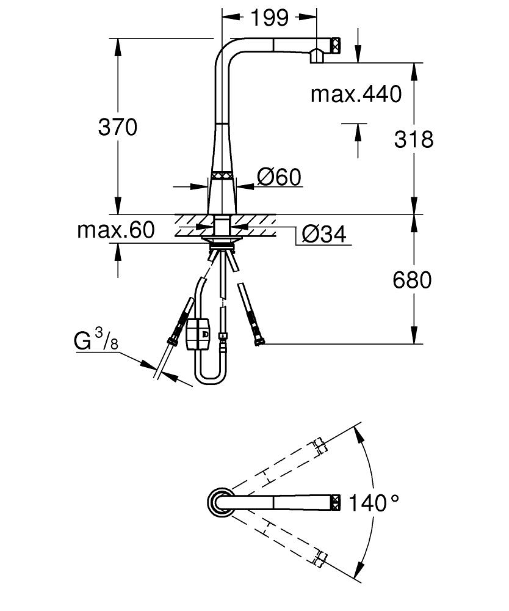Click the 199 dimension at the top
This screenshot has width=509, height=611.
[x=269, y=18]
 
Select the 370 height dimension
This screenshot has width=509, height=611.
[x=118, y=127]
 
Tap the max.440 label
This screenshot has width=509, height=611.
[x=356, y=94]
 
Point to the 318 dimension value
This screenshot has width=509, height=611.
[x=413, y=139]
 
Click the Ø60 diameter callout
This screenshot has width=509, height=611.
[x=279, y=178]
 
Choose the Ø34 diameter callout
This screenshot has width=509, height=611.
[x=324, y=233]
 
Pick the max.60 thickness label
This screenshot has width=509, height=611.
[x=116, y=230]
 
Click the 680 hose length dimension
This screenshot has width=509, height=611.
[x=412, y=280]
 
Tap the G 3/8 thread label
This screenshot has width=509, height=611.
[x=96, y=342]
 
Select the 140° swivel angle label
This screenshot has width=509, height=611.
[x=374, y=503]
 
